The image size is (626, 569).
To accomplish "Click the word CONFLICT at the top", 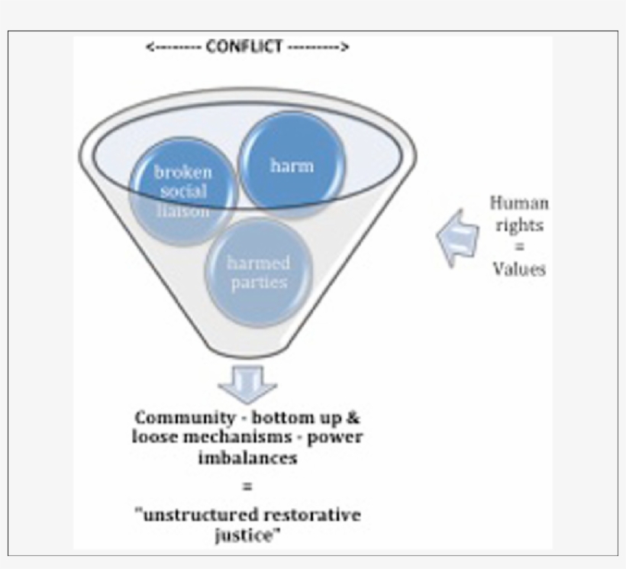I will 247,47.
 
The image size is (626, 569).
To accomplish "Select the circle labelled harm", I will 291,163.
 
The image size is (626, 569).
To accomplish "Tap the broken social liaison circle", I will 182,191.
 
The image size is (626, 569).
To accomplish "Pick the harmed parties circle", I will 257,273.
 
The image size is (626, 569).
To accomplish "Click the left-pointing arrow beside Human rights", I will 457,237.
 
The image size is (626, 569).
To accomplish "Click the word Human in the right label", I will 518,204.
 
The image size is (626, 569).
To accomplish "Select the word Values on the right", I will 518,269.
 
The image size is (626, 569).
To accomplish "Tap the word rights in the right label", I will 518,227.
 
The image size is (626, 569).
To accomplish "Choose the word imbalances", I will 248,457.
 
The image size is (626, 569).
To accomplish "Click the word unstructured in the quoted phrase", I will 192,515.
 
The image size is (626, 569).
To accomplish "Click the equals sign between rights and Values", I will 518,247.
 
